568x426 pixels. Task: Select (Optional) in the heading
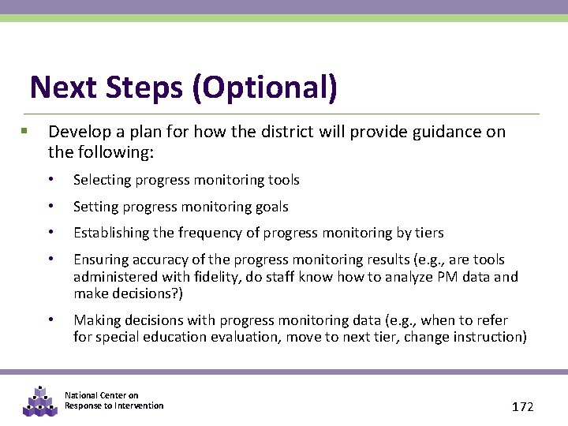264,88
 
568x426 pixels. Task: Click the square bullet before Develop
24,131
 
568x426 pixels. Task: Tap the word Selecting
103,180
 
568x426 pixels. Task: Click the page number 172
522,407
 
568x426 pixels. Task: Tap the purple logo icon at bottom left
39,402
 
